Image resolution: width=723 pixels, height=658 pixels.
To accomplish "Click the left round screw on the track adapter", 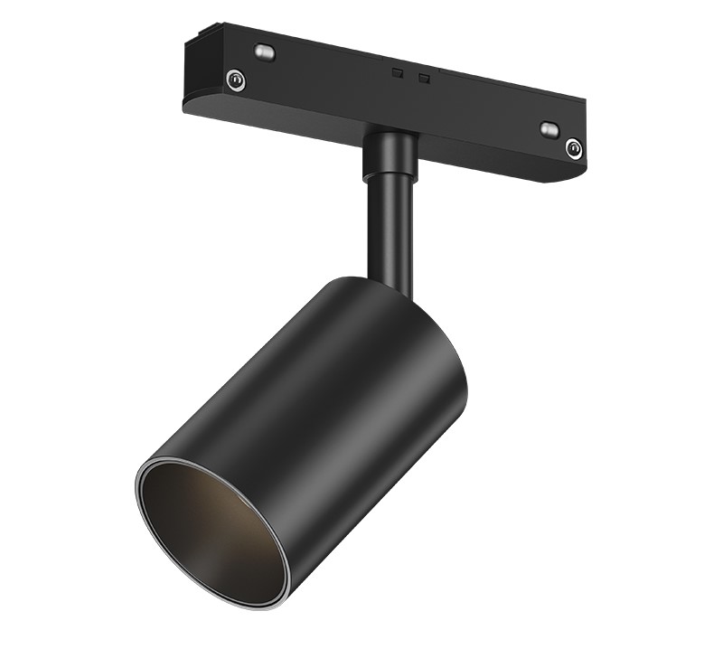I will [236, 80].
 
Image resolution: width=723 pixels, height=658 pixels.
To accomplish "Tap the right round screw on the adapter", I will [572, 146].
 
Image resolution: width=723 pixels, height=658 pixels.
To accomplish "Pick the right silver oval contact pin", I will [549, 129].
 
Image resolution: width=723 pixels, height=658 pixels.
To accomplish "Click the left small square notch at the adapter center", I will [396, 70].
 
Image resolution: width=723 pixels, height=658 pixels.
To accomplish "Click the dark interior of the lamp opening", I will [212, 524].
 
